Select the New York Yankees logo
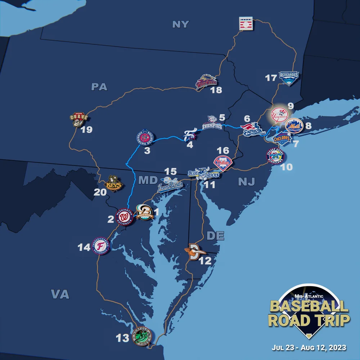[x=279, y=115]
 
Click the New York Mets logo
[x=293, y=126]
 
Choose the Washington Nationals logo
[x=124, y=217]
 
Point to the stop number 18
[x=216, y=90]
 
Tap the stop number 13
[x=122, y=338]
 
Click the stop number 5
[x=222, y=117]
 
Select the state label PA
[x=99, y=87]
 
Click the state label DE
[x=215, y=236]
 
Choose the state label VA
[x=60, y=294]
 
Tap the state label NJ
[x=246, y=182]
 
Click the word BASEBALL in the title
[x=309, y=306]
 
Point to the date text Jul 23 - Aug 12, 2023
[x=309, y=348]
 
